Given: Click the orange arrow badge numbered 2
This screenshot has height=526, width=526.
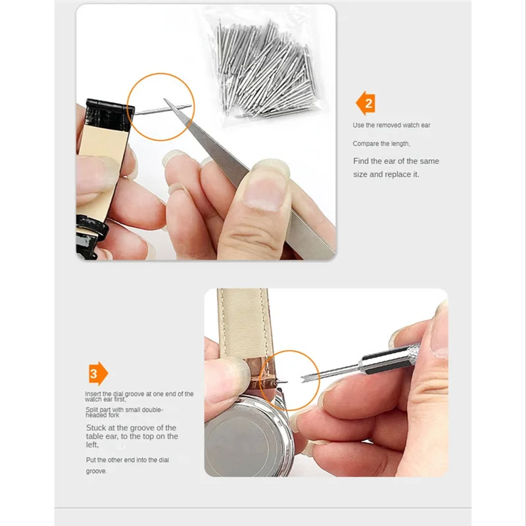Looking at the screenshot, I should click(366, 103).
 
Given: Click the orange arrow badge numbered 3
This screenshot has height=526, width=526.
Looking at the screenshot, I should click(98, 373).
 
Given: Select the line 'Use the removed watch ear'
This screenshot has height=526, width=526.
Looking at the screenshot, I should click(391, 125).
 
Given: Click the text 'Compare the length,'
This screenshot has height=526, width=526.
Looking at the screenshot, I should click(381, 143).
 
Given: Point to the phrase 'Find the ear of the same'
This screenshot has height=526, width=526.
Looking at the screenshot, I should click(396, 161).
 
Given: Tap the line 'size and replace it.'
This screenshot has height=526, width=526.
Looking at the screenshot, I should click(385, 174).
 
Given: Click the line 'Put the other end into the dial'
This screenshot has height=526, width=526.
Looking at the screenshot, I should click(127, 460).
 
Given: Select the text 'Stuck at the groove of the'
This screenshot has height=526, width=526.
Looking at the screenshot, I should click(131, 427).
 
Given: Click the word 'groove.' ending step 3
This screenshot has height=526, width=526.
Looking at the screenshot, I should click(96, 471).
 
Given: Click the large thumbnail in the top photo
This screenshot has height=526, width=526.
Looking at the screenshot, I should click(264, 190).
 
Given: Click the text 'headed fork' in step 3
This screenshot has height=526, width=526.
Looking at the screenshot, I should click(103, 416).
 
